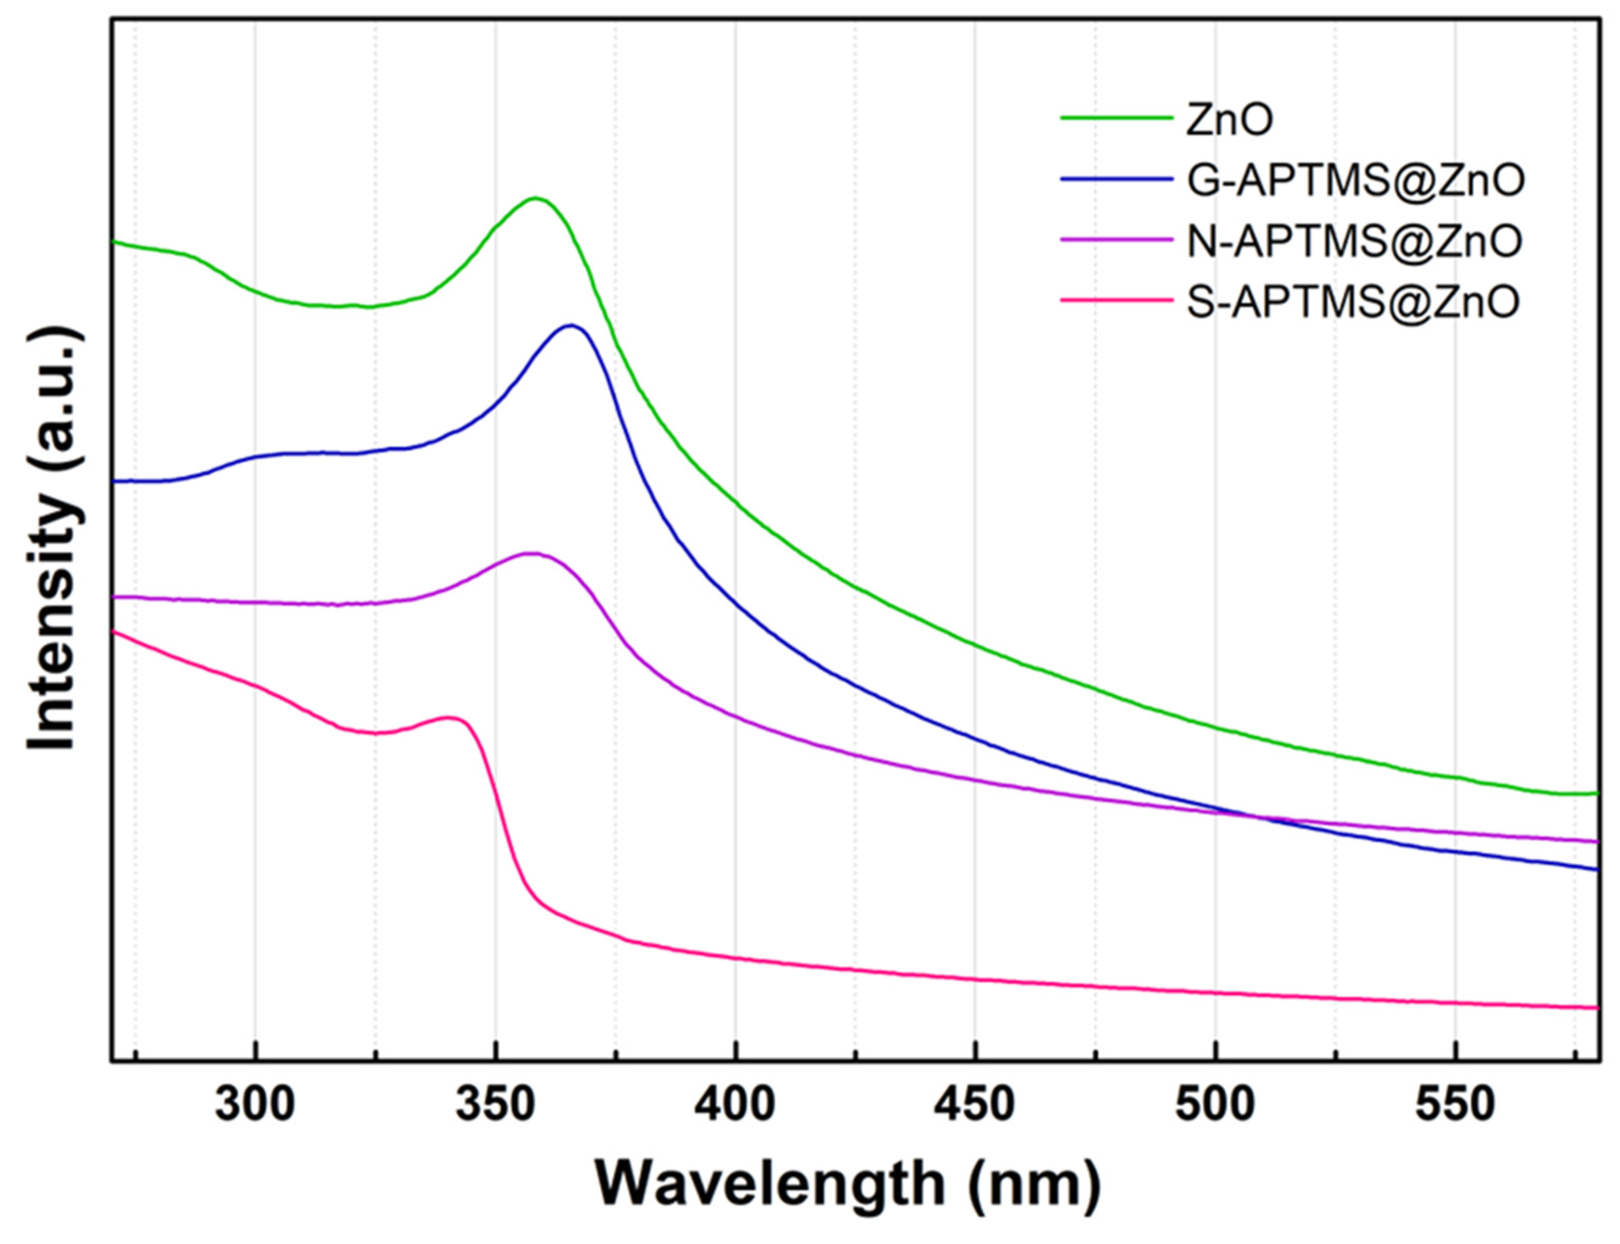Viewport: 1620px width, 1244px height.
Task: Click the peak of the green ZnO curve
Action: (x=535, y=198)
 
